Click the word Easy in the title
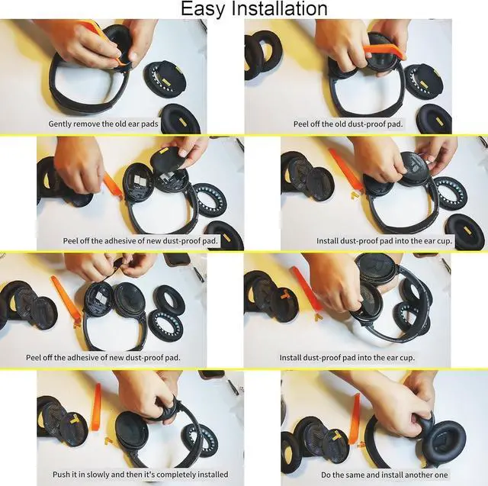[x=201, y=9]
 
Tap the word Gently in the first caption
[x=63, y=124]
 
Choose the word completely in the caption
[x=169, y=474]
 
